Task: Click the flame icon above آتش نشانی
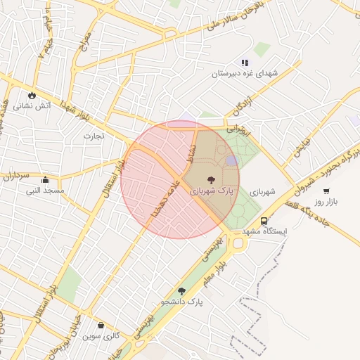pyautogui.click(x=32, y=94)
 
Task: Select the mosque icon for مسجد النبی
pyautogui.click(x=45, y=179)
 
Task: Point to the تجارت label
pyautogui.click(x=94, y=135)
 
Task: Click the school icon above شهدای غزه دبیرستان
pyautogui.click(x=245, y=63)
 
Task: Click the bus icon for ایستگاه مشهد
pyautogui.click(x=264, y=221)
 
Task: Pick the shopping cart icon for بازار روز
pyautogui.click(x=326, y=191)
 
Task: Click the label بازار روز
pyautogui.click(x=326, y=202)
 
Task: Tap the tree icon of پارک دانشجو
pyautogui.click(x=181, y=290)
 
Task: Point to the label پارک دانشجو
pyautogui.click(x=181, y=302)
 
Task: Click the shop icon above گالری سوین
pyautogui.click(x=101, y=326)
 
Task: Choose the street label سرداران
pyautogui.click(x=16, y=176)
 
